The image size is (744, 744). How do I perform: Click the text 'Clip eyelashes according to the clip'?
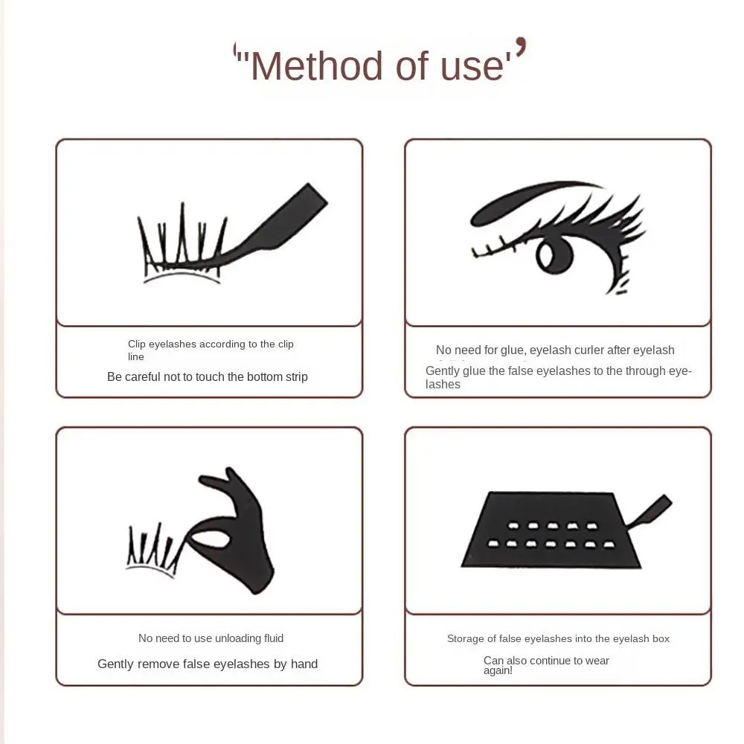pos(211,344)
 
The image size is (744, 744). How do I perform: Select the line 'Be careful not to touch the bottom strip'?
pos(207,376)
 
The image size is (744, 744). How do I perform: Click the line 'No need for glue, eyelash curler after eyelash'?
pos(555,350)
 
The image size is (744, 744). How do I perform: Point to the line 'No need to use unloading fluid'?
pos(211,638)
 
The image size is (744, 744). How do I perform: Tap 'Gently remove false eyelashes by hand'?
pos(208,664)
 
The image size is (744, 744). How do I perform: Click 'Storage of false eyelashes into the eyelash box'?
pos(558,638)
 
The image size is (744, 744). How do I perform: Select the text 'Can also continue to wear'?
pos(546,660)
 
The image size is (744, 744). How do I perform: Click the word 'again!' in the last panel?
pos(498,670)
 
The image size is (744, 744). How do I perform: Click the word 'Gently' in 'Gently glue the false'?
pos(443,371)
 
